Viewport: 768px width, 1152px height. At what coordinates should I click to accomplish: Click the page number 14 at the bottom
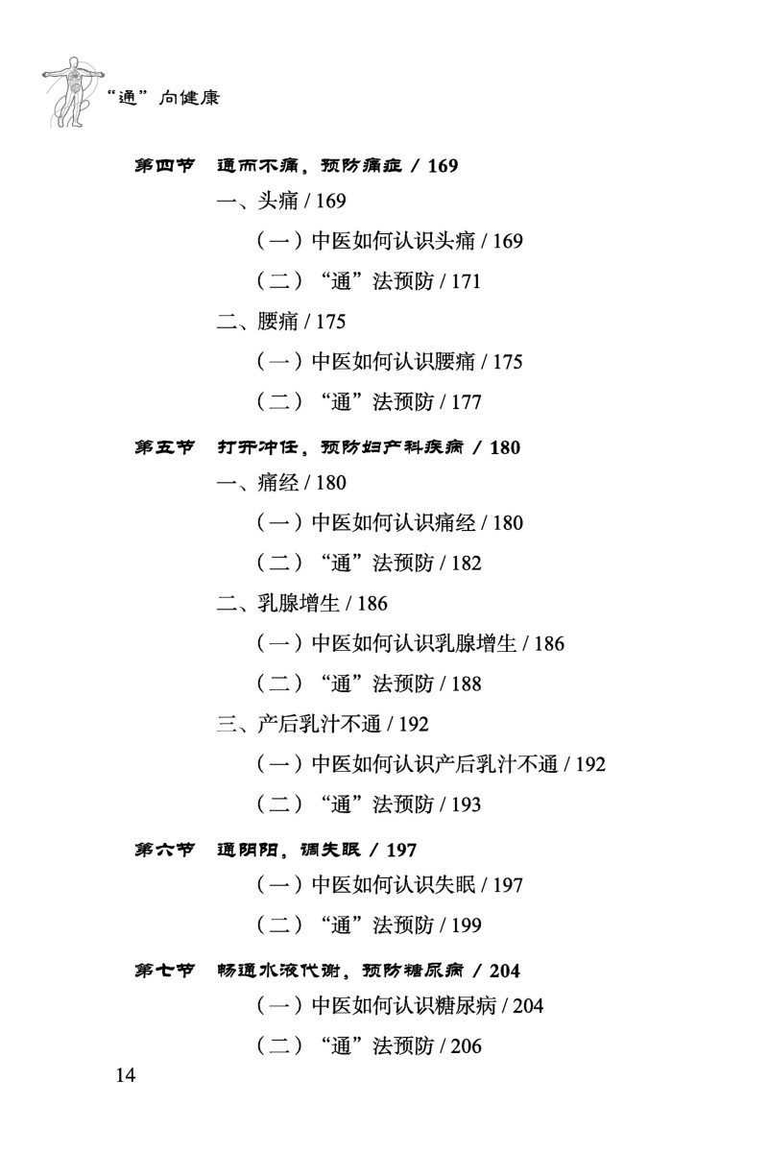[126, 1074]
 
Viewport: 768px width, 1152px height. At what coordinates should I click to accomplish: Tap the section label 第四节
[164, 166]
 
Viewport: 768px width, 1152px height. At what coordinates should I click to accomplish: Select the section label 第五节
[164, 447]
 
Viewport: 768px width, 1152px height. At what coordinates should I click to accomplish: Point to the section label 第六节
[164, 850]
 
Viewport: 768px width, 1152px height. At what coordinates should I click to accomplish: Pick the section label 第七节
[164, 971]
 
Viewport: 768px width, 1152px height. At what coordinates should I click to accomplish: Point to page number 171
[465, 282]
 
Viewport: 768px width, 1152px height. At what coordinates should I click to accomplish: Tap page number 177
[465, 403]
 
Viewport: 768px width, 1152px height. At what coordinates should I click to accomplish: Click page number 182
[465, 564]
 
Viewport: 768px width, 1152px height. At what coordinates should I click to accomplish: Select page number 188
[465, 684]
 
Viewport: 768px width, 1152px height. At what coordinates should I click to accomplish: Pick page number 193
[465, 805]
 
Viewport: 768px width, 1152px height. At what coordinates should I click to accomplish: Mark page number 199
[465, 926]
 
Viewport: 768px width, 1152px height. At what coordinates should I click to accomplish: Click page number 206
[465, 1047]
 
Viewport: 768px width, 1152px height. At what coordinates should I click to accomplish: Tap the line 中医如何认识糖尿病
[402, 1007]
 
